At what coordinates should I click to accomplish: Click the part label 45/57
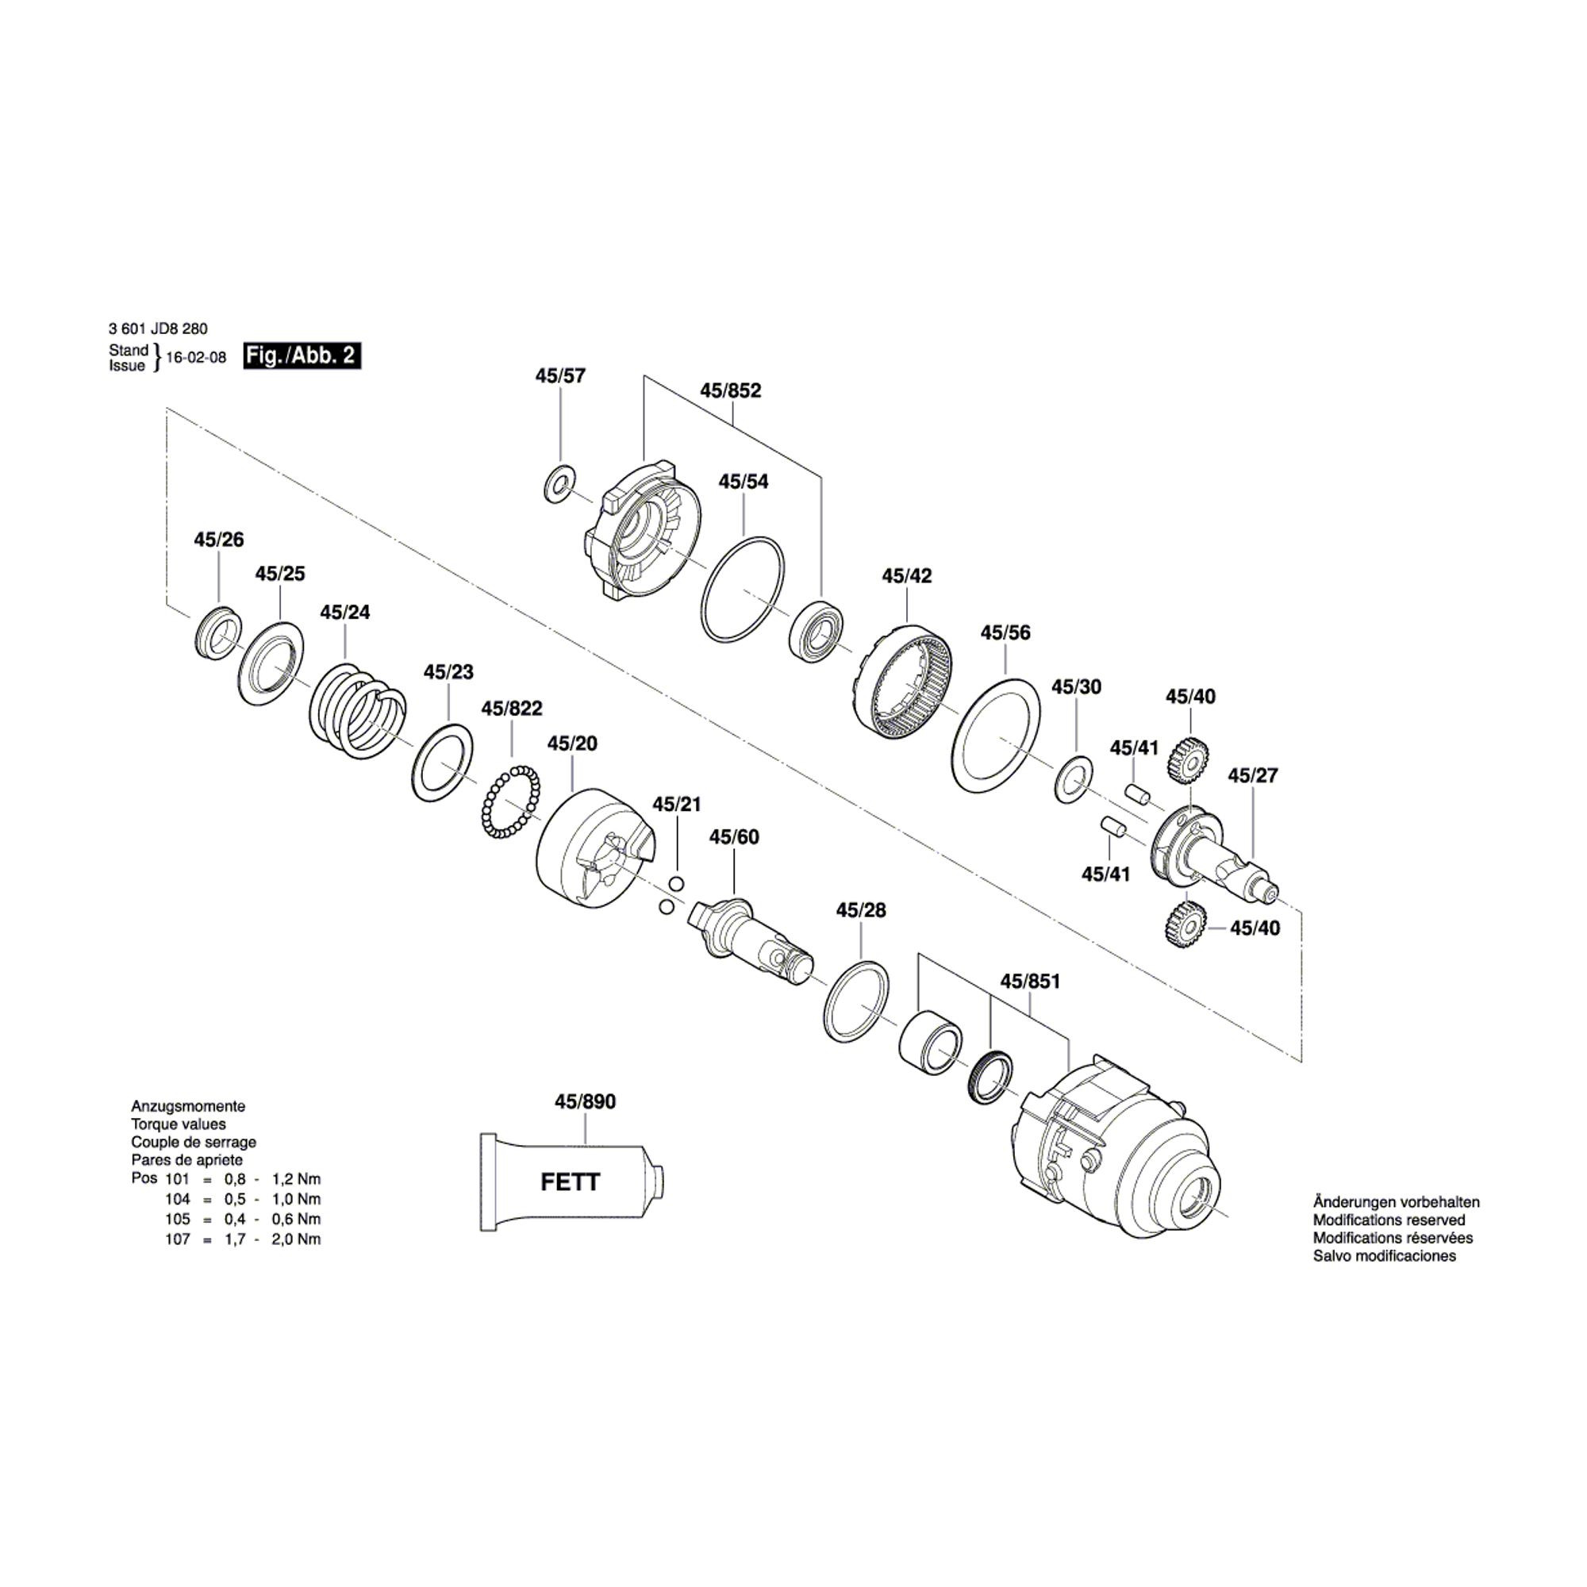tap(560, 376)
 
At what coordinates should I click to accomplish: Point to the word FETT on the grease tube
tap(570, 1182)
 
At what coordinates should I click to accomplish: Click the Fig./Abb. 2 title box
tap(302, 355)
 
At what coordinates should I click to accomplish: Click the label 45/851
tap(1030, 982)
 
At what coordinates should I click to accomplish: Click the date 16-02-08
tap(195, 358)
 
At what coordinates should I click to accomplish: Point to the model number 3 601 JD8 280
tap(158, 329)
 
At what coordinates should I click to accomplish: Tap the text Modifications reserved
tap(1389, 1220)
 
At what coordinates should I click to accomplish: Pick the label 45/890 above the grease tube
tap(585, 1101)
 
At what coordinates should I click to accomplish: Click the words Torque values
tap(179, 1124)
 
